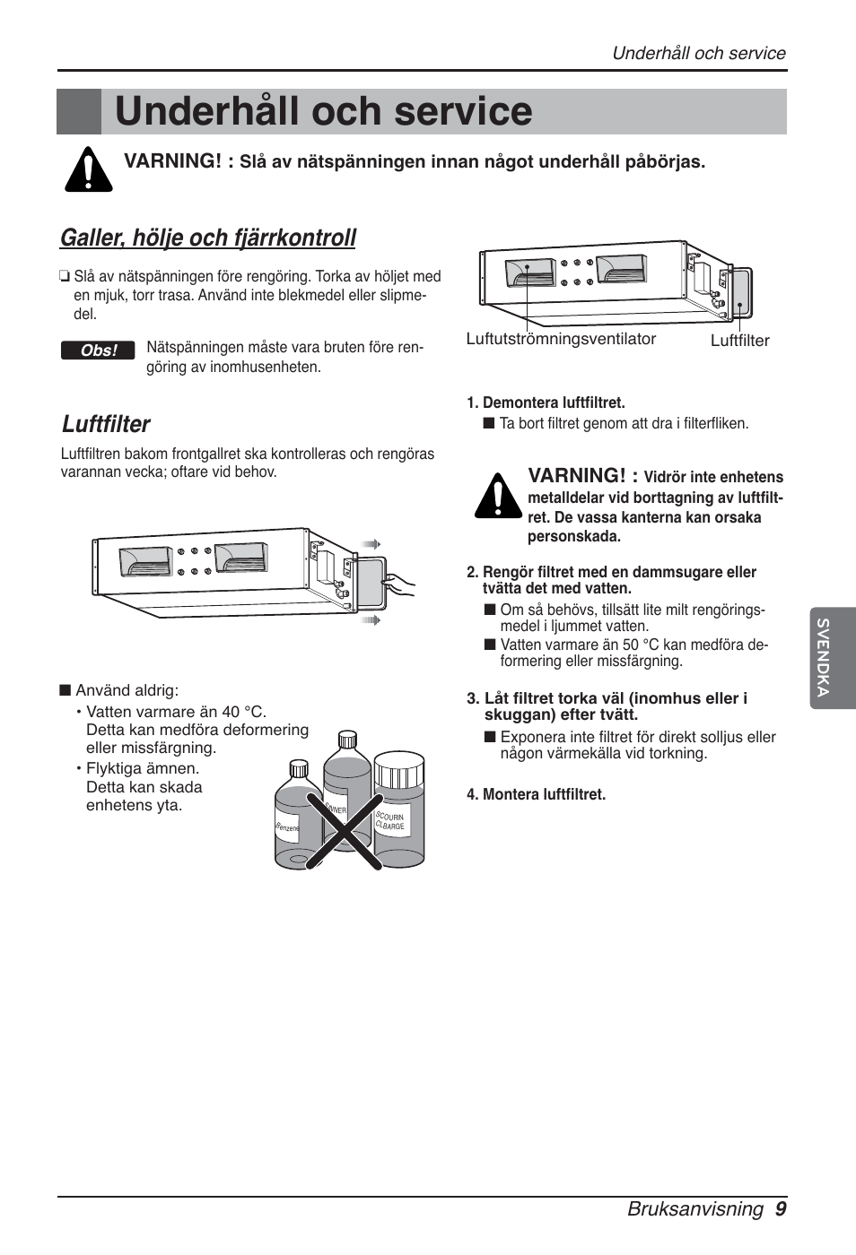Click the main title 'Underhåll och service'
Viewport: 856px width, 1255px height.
[x=323, y=112]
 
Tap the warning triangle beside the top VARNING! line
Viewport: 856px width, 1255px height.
[x=88, y=169]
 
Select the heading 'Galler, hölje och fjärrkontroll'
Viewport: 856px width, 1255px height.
[x=208, y=238]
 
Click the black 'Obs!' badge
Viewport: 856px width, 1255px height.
[x=98, y=351]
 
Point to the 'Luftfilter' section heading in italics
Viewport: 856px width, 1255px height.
[x=106, y=424]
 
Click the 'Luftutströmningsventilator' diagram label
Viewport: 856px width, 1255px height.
[x=561, y=339]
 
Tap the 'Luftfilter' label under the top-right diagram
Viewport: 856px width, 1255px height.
[x=739, y=341]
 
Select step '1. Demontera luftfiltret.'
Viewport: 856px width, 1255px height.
[x=546, y=402]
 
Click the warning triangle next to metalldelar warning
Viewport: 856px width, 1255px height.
[x=498, y=496]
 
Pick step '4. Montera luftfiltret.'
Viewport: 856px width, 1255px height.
[x=536, y=794]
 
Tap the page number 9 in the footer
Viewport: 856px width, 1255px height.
[x=781, y=1208]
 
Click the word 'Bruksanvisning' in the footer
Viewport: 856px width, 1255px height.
[x=695, y=1208]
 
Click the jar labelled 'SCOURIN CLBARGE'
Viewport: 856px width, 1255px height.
[x=398, y=811]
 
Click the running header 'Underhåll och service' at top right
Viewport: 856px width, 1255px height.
[x=698, y=53]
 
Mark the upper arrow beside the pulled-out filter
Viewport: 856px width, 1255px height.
[x=371, y=544]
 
